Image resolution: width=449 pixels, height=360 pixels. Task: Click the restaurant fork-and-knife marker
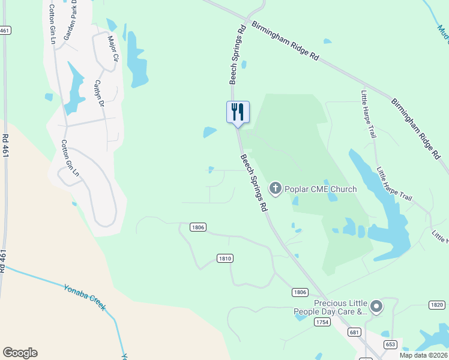click(x=238, y=112)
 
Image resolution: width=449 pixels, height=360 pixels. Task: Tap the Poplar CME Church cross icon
click(x=276, y=189)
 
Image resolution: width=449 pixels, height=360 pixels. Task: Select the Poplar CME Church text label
click(x=321, y=190)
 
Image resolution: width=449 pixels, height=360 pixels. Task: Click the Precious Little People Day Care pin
click(x=376, y=307)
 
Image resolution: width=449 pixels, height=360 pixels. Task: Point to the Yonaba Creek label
click(x=85, y=296)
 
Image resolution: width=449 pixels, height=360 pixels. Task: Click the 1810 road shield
click(x=224, y=258)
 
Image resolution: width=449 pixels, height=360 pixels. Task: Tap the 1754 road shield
click(x=322, y=322)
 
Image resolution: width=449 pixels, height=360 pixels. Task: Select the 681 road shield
click(x=355, y=332)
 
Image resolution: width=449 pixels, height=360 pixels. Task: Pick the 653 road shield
click(x=390, y=344)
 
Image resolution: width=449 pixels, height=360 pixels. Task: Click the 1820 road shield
click(x=437, y=305)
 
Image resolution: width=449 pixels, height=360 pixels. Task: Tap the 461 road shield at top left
click(x=5, y=30)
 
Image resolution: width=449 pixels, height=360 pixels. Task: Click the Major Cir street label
click(x=113, y=49)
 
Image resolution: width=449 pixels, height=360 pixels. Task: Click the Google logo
click(x=20, y=353)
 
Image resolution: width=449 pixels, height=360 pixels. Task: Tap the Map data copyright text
click(x=424, y=355)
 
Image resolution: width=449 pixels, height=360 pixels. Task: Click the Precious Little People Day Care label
click(x=330, y=307)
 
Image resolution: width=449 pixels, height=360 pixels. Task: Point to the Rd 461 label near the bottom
click(x=4, y=261)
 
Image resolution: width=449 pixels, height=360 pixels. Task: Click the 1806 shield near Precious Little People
click(x=300, y=292)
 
